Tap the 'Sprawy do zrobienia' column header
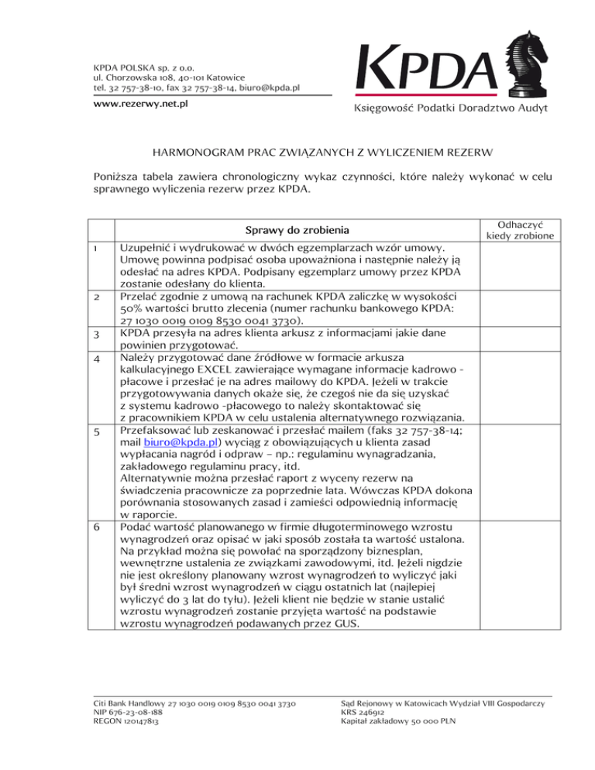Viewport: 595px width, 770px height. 297,231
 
